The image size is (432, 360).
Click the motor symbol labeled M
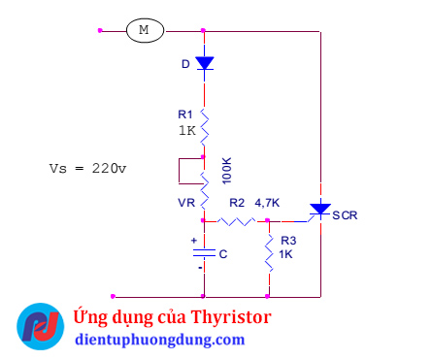(x=144, y=30)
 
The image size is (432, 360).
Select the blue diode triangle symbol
(x=204, y=63)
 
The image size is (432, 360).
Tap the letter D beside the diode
(x=186, y=64)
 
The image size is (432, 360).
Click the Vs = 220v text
(x=87, y=167)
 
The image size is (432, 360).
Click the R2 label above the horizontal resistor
(x=237, y=204)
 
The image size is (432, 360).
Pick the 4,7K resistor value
(x=267, y=204)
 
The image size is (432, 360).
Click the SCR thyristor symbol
(x=319, y=210)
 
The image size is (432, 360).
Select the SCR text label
(x=345, y=215)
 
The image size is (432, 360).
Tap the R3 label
(x=287, y=240)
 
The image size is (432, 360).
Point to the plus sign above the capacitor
(x=193, y=241)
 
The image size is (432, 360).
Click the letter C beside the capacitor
(x=223, y=254)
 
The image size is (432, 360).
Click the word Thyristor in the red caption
(x=232, y=317)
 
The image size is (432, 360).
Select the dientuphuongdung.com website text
(x=160, y=340)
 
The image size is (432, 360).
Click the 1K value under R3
(x=285, y=253)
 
